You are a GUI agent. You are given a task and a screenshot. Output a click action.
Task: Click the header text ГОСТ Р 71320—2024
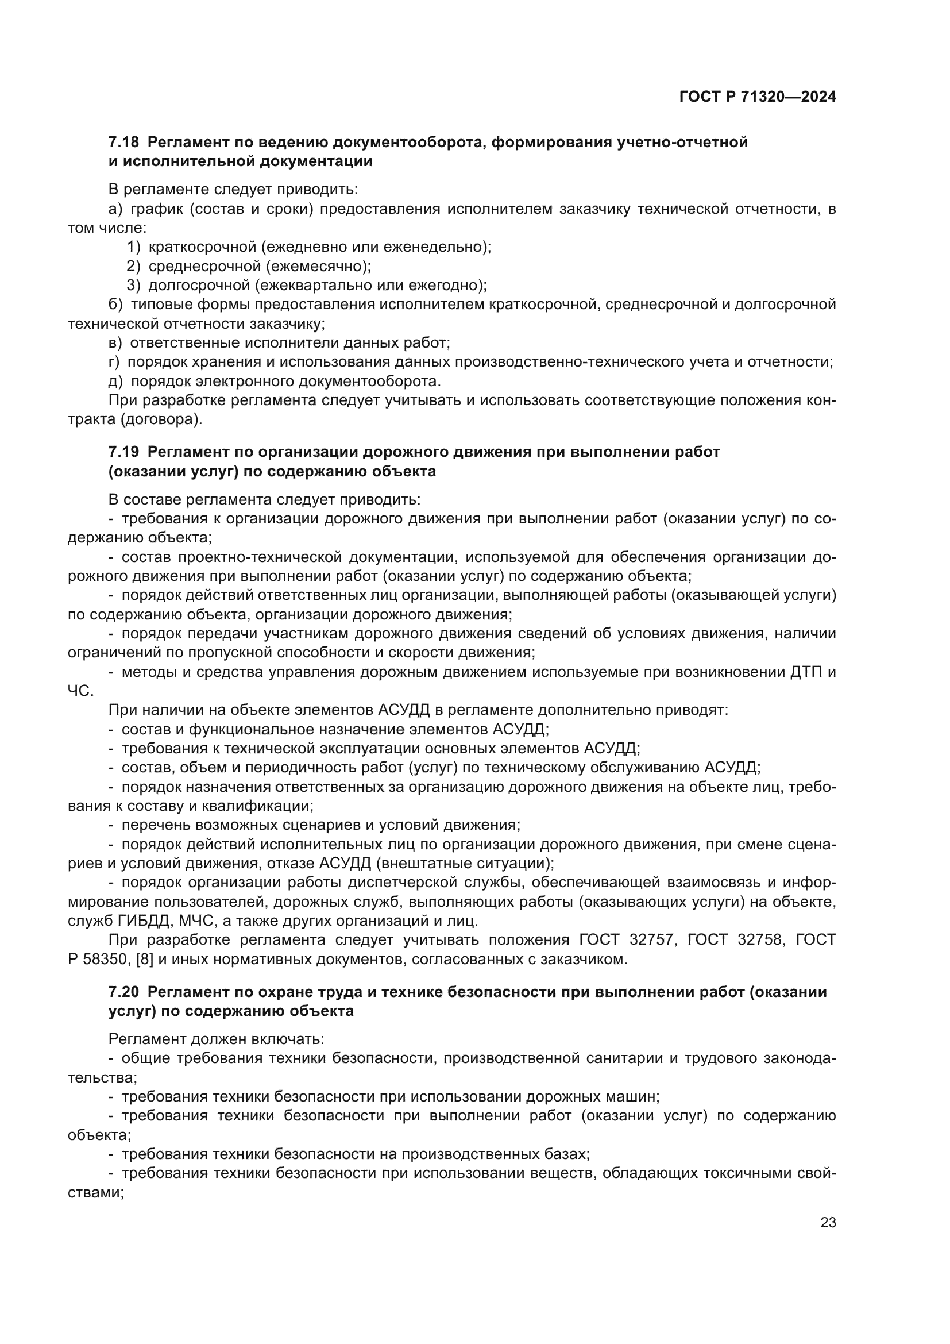point(758,97)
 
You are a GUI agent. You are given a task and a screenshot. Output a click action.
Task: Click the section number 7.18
point(123,143)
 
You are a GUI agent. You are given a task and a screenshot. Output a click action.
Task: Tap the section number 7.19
point(123,452)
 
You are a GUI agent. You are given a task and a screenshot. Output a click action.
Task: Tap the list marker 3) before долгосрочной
point(134,286)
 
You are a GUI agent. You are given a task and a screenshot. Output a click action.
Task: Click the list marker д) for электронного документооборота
point(115,382)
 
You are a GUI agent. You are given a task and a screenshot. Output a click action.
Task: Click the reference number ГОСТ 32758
point(736,940)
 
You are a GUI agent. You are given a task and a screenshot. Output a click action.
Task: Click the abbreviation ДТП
point(806,672)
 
